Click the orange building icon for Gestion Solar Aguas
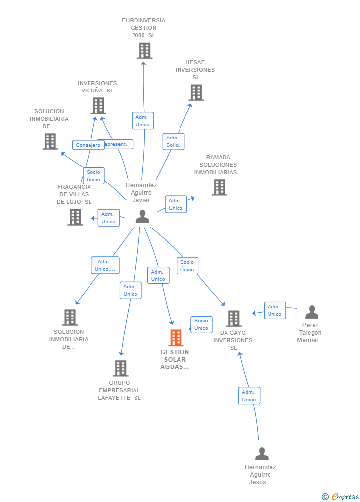(176, 338)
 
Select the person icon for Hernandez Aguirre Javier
(142, 217)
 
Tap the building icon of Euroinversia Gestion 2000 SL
(144, 50)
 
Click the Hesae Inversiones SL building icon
(196, 92)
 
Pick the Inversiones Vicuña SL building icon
(98, 106)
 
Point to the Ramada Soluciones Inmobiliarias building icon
(219, 187)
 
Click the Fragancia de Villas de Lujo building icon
(75, 217)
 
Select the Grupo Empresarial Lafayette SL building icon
(120, 368)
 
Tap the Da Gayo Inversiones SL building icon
(234, 319)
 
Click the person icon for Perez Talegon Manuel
(312, 312)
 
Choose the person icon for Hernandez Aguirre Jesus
(262, 454)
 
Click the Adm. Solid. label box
(173, 141)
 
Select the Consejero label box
(88, 145)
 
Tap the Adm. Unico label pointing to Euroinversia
(142, 121)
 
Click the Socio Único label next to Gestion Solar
(201, 324)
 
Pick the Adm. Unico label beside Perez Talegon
(274, 310)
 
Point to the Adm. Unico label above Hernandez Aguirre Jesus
(249, 396)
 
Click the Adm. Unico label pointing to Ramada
(176, 204)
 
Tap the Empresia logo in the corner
(341, 496)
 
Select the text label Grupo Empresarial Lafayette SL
(119, 390)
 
